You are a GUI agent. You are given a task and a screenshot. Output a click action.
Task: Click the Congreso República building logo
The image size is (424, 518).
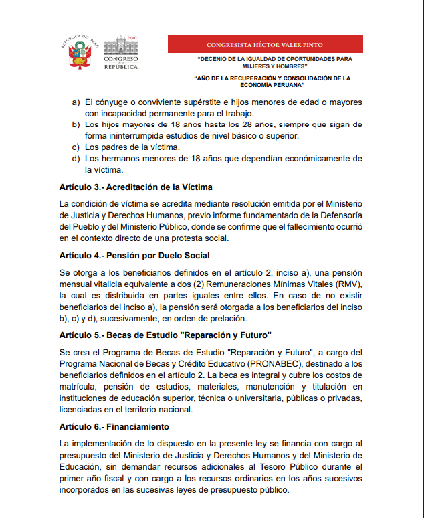point(121,52)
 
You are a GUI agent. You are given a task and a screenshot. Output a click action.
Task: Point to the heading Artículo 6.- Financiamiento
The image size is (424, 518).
point(114,426)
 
